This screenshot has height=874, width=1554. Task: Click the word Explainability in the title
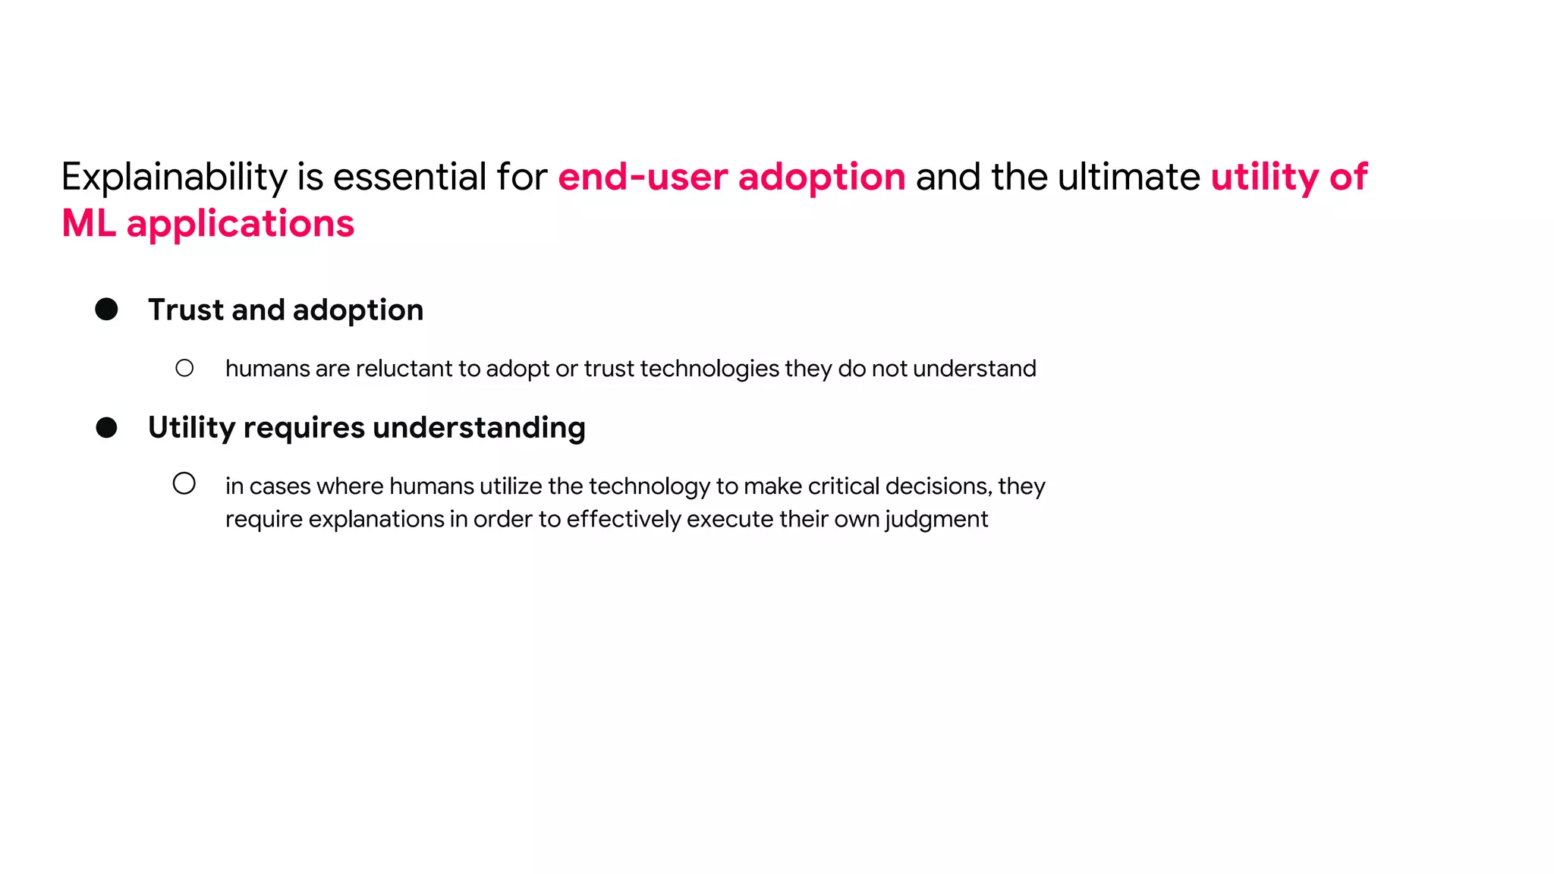tap(174, 178)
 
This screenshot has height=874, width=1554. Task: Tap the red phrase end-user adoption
tap(731, 177)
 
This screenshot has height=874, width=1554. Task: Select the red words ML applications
tap(208, 224)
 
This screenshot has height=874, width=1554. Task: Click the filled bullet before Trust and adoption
tap(106, 310)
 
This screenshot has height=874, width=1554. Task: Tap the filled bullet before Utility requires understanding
tap(106, 428)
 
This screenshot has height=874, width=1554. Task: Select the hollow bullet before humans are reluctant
tap(184, 369)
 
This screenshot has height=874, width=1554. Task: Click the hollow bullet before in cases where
tap(184, 483)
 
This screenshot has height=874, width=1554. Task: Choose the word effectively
tap(623, 520)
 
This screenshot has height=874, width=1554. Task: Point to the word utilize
tap(511, 486)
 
